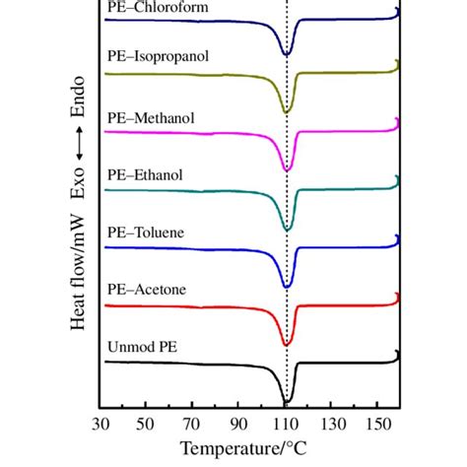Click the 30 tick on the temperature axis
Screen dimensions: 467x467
100,424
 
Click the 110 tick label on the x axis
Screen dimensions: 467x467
287,424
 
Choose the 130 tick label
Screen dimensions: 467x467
333,424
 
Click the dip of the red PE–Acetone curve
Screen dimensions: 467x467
287,343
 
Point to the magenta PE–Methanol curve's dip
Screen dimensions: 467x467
287,169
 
